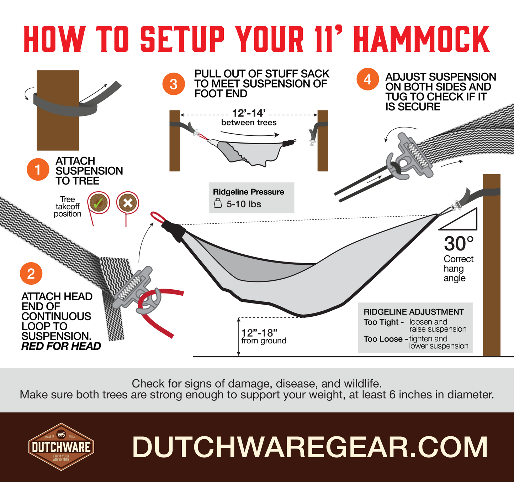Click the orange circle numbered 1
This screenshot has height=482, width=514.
pyautogui.click(x=38, y=170)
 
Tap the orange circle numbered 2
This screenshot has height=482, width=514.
pyautogui.click(x=31, y=274)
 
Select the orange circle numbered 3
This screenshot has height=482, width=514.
pyautogui.click(x=173, y=84)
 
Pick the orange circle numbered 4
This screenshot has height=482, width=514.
pyautogui.click(x=367, y=79)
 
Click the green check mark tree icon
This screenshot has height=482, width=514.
pyautogui.click(x=98, y=203)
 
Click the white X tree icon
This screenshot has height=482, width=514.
pyautogui.click(x=127, y=203)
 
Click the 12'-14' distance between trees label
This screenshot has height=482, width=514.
pyautogui.click(x=249, y=113)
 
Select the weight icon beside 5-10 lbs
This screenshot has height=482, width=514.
pyautogui.click(x=218, y=204)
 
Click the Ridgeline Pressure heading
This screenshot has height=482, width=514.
pyautogui.click(x=248, y=192)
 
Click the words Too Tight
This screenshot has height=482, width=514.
pyautogui.click(x=381, y=322)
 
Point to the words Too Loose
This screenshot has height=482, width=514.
pyautogui.click(x=383, y=339)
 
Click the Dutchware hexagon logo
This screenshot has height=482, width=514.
pyautogui.click(x=61, y=447)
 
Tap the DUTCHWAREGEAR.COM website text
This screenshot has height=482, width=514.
pyautogui.click(x=310, y=447)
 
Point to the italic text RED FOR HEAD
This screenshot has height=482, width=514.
pyautogui.click(x=61, y=346)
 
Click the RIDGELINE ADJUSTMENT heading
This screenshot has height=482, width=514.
pyautogui.click(x=413, y=312)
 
